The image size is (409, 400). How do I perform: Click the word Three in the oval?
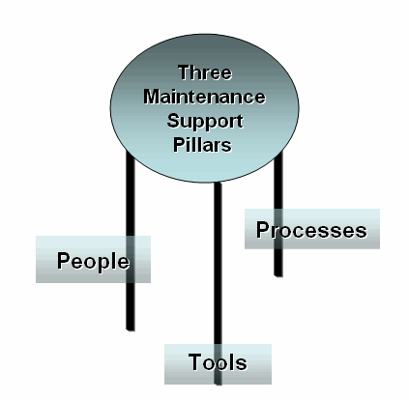point(205,72)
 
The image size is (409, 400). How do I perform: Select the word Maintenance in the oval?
point(205,97)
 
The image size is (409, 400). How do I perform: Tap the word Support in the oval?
point(205,122)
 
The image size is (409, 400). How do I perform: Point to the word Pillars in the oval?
point(202,145)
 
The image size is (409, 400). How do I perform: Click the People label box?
point(93,259)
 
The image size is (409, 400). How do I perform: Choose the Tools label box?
point(218,364)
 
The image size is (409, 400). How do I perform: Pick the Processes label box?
point(312,229)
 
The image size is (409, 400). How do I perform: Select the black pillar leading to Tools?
point(218,283)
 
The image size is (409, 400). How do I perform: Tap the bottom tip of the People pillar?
point(131,330)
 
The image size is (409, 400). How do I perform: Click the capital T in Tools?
point(195,361)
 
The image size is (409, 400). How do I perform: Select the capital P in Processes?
point(263,230)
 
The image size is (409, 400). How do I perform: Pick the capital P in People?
point(64,260)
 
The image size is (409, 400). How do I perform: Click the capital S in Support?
point(173,121)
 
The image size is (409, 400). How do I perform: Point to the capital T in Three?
point(185,72)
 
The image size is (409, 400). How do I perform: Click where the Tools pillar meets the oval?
point(218,183)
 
